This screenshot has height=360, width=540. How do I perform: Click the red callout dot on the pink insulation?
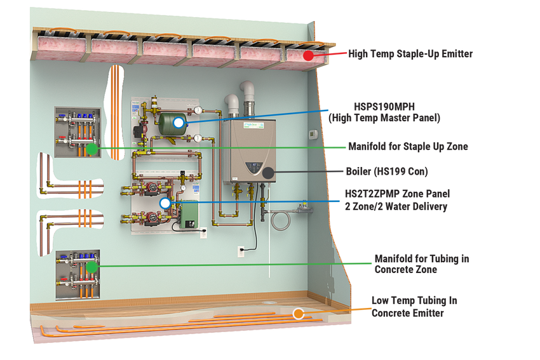click(x=308, y=55)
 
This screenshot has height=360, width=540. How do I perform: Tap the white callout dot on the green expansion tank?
click(x=179, y=122)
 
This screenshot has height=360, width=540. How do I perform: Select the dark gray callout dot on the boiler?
click(x=268, y=173)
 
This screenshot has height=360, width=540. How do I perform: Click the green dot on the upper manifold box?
click(x=91, y=149)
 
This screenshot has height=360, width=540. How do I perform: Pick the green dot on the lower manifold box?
click(x=91, y=267)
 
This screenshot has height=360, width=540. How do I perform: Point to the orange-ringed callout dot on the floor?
click(x=298, y=314)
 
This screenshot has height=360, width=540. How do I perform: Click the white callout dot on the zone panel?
click(x=165, y=203)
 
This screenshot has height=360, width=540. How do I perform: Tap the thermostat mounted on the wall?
click(x=312, y=134)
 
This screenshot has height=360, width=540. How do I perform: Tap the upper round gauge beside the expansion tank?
click(x=199, y=110)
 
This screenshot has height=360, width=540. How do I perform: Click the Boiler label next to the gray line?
click(x=386, y=171)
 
